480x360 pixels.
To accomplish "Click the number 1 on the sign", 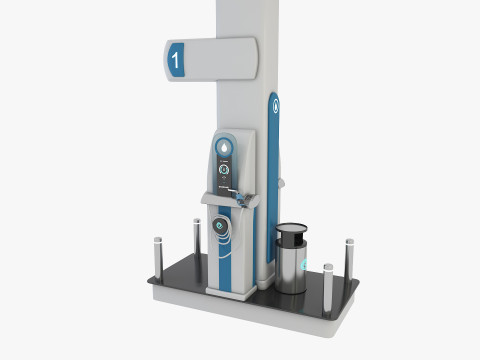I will (x=177, y=60).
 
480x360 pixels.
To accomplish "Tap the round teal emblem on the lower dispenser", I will (x=221, y=228).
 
